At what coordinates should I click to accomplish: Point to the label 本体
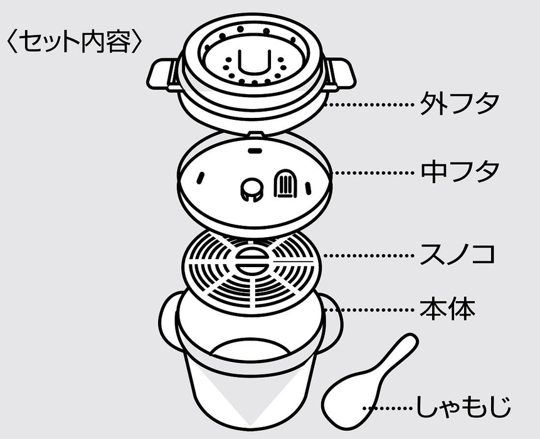(x=447, y=309)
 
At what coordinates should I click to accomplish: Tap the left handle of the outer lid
(x=162, y=74)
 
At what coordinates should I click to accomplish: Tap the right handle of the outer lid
(x=341, y=75)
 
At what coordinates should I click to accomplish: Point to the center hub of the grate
(x=251, y=258)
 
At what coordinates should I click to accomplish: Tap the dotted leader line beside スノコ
(x=367, y=255)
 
